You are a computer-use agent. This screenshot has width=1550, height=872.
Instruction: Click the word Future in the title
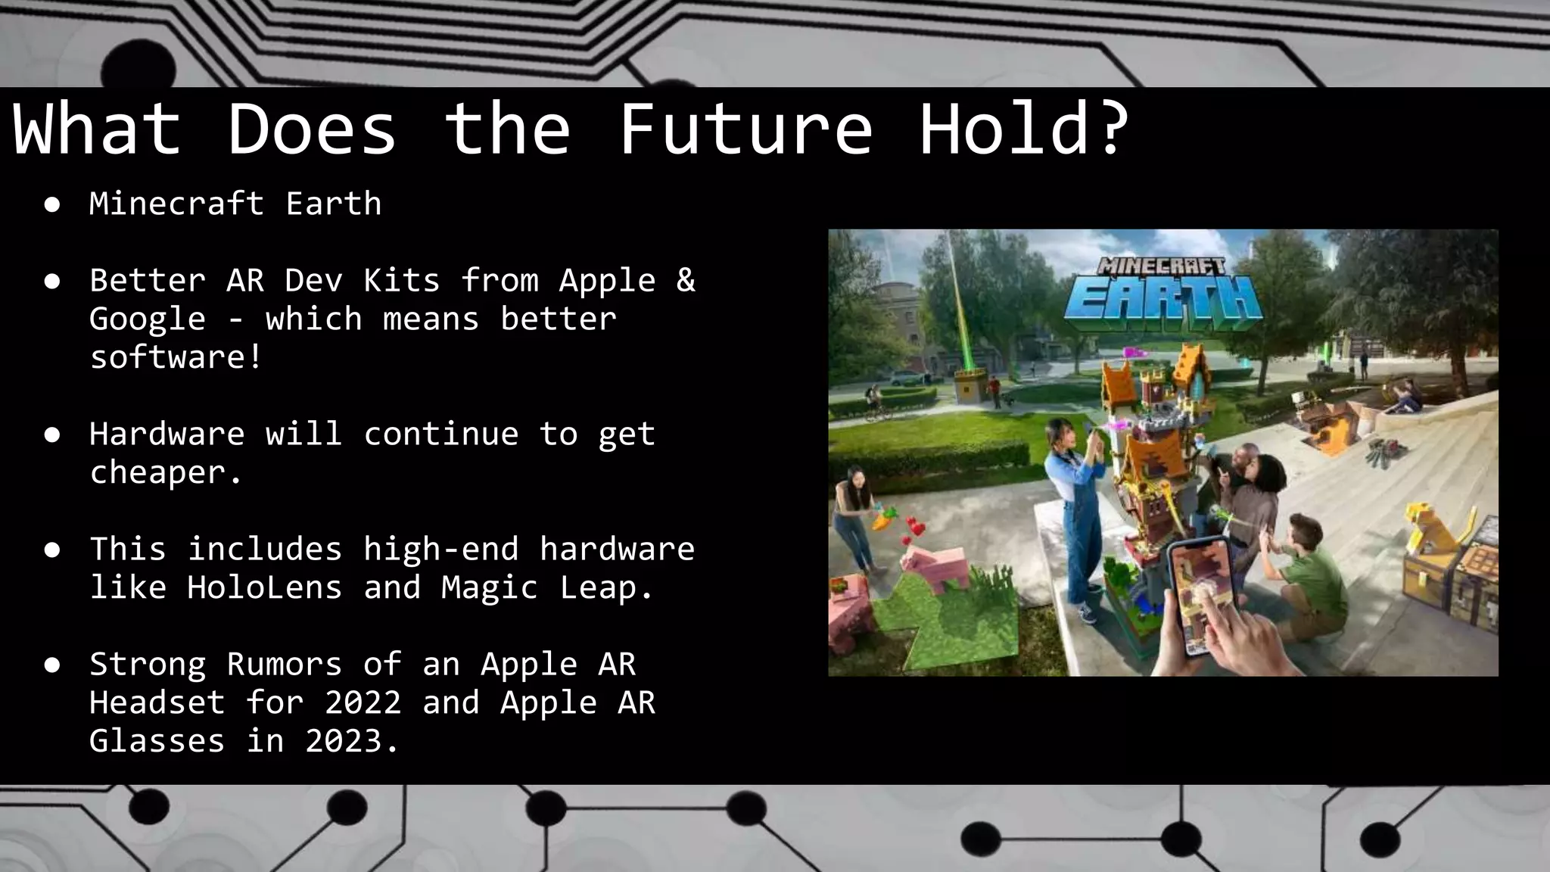pos(745,129)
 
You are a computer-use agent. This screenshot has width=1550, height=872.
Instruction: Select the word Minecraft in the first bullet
pos(176,204)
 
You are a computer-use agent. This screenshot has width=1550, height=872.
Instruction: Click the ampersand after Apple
pos(685,280)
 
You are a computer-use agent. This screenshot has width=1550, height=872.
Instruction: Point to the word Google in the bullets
pos(147,319)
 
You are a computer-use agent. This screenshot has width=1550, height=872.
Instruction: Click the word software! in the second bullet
pos(176,357)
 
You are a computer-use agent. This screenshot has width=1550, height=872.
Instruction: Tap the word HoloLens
pos(264,587)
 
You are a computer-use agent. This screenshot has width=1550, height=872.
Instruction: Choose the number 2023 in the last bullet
pos(353,741)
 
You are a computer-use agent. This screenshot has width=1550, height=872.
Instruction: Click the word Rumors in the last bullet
pos(284,664)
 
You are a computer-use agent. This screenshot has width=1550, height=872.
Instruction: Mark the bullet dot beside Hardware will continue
pos(52,434)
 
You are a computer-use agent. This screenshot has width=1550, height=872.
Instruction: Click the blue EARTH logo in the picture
pos(1162,300)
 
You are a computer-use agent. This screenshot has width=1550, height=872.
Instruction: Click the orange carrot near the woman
pos(882,521)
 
